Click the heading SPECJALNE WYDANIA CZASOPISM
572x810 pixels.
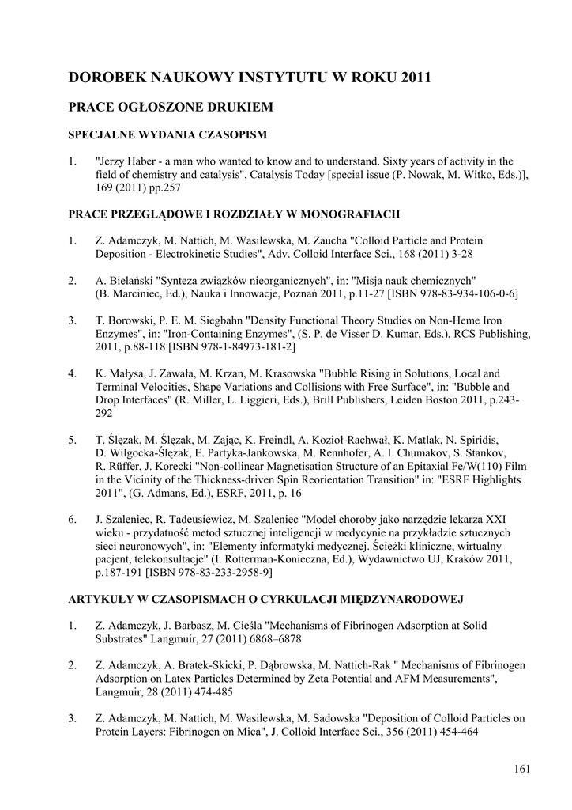pyautogui.click(x=167, y=134)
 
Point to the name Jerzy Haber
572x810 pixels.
pyautogui.click(x=126, y=161)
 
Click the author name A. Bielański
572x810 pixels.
pyautogui.click(x=124, y=280)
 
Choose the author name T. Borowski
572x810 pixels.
pyautogui.click(x=125, y=320)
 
